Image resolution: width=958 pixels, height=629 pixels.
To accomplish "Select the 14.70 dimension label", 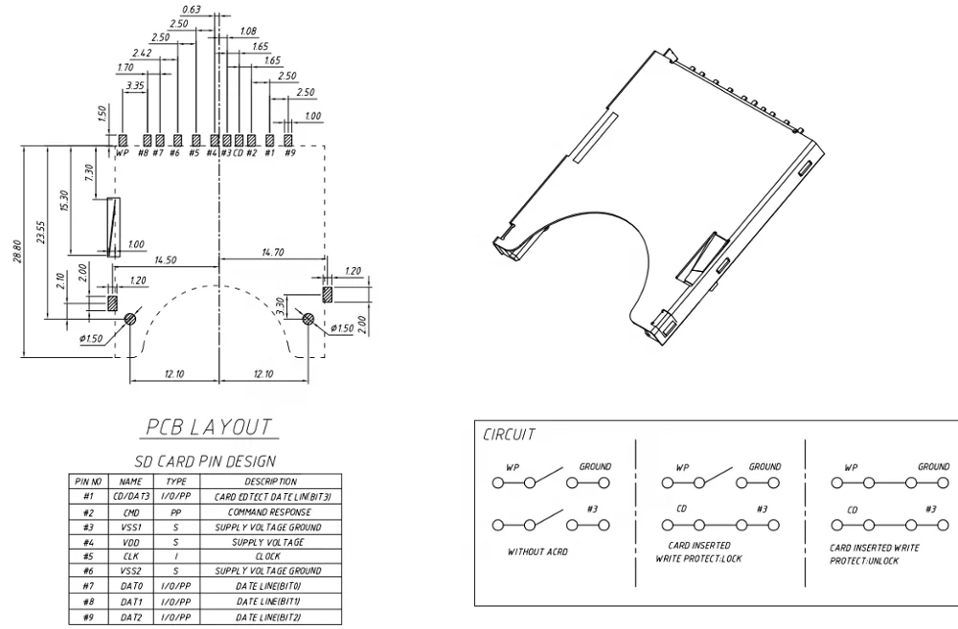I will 271,253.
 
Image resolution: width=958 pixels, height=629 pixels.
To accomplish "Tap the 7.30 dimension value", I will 88,173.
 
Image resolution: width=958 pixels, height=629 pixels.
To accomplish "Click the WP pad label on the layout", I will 122,152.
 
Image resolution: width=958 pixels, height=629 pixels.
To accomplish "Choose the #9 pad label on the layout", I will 289,152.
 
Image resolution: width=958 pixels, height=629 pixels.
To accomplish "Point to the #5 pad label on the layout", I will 194,152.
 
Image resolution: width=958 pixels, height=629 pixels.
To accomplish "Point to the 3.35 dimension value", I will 134,85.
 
